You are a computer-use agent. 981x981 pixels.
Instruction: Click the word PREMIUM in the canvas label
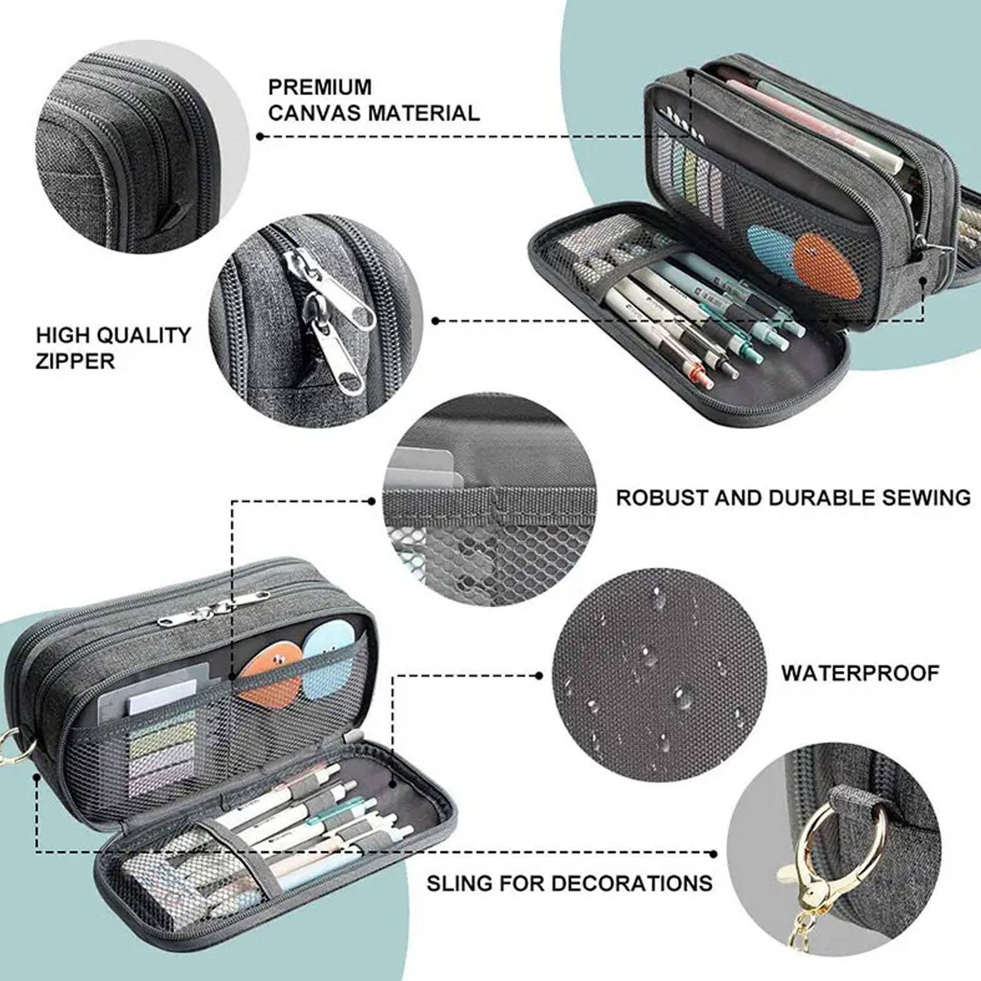[x=320, y=86]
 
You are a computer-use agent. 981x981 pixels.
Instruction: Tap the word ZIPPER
[x=75, y=360]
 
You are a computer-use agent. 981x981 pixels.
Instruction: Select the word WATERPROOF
[x=860, y=673]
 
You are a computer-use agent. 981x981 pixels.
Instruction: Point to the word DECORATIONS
[x=630, y=883]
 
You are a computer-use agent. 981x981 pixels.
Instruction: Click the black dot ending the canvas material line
[x=260, y=136]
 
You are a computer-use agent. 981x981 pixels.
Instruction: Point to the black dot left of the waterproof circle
[x=539, y=674]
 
